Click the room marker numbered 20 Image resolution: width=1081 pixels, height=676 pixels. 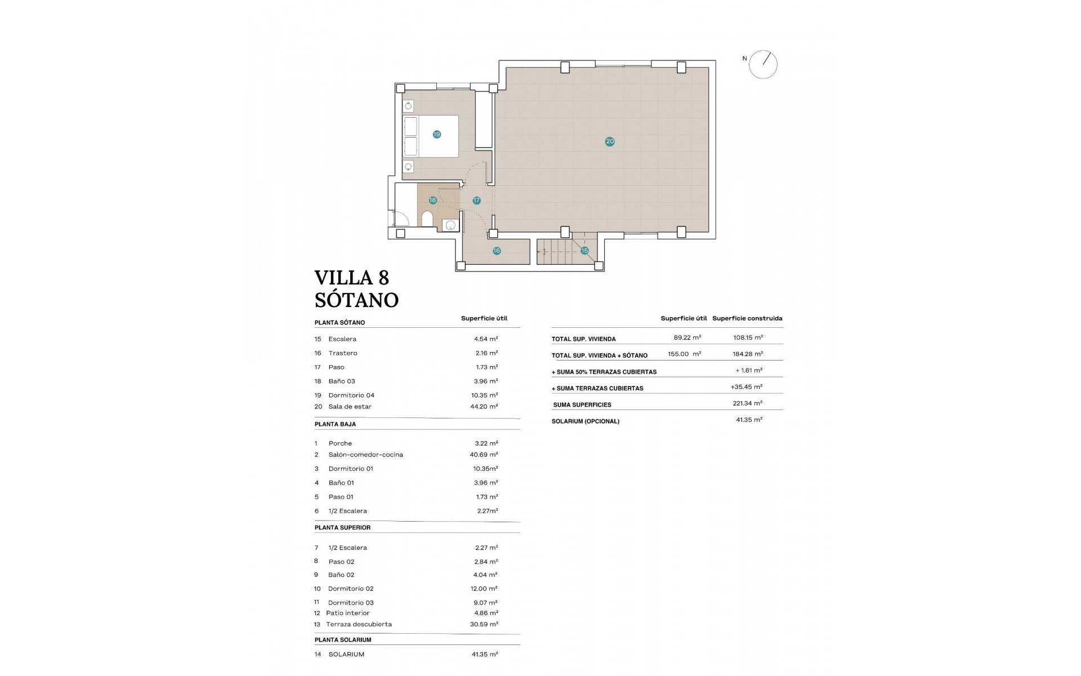click(610, 141)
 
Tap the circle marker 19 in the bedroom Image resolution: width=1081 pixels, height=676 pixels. click(436, 134)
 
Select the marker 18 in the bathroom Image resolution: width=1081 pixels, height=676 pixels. click(432, 200)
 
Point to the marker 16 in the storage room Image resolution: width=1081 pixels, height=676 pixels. click(497, 251)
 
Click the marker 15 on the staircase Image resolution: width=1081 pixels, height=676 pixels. click(584, 250)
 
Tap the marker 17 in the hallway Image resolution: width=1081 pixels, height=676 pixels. click(476, 200)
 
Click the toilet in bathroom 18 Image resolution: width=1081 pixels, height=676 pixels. click(427, 219)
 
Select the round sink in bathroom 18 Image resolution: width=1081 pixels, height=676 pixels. click(450, 225)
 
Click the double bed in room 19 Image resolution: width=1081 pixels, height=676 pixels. click(431, 136)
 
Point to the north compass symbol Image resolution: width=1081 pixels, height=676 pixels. click(763, 64)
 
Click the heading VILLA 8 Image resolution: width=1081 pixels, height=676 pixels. click(351, 278)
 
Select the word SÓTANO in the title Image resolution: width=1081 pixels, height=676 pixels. click(356, 300)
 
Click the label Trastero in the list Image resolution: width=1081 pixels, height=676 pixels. click(343, 353)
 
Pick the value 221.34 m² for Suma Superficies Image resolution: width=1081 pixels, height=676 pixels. click(749, 403)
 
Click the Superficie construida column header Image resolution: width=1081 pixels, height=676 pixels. click(747, 318)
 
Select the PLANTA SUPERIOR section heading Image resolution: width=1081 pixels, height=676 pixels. click(342, 528)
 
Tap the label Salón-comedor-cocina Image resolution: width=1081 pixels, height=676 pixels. click(366, 455)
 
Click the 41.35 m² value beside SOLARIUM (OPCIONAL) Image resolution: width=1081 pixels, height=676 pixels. click(749, 420)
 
